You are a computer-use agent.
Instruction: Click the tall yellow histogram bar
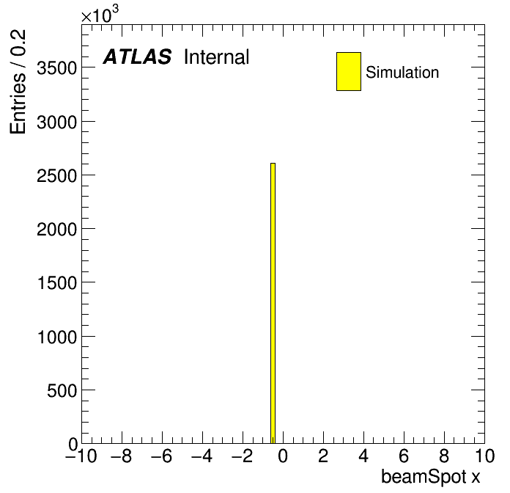tap(273, 303)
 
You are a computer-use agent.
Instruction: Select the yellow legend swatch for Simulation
tap(349, 71)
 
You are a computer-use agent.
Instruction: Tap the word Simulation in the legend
tap(402, 73)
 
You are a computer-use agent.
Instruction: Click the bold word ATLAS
tap(137, 56)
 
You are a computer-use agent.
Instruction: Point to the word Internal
tap(217, 56)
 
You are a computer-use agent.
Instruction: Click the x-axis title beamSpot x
tap(430, 477)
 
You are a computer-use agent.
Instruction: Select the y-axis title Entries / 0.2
tap(18, 81)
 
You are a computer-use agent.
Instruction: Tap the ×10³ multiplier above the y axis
tap(100, 15)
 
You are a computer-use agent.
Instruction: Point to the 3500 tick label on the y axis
tap(57, 68)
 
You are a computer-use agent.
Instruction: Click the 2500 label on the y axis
tap(57, 176)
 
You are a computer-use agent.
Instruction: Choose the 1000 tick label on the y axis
tap(58, 337)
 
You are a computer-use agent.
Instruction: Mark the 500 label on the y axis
tap(62, 390)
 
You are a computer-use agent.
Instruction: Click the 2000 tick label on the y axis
tap(57, 230)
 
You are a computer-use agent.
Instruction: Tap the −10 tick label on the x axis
tap(81, 456)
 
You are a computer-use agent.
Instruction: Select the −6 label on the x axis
tap(162, 456)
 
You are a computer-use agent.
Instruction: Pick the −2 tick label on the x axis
tap(243, 456)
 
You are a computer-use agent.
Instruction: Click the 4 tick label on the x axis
tap(363, 456)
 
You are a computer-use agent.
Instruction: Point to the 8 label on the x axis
tap(444, 456)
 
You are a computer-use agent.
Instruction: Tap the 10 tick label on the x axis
tap(484, 456)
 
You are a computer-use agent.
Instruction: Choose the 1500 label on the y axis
tap(58, 283)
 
